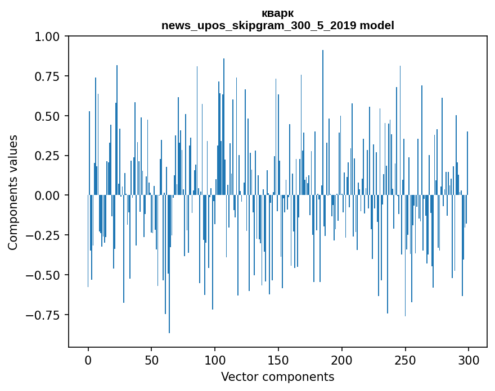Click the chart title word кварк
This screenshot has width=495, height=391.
[x=277, y=13]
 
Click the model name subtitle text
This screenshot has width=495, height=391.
[x=277, y=25]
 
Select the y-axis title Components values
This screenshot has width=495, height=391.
[x=13, y=192]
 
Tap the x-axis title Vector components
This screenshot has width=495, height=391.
[x=277, y=377]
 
